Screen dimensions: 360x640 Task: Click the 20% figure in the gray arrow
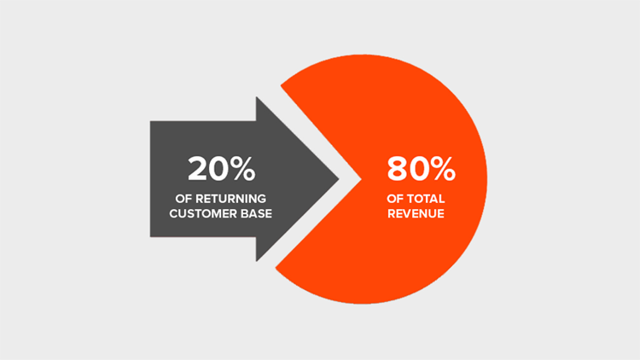[x=221, y=169]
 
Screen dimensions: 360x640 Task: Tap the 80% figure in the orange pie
[x=421, y=169]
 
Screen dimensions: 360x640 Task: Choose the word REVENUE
[x=415, y=212]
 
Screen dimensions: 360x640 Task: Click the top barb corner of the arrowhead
[x=256, y=97]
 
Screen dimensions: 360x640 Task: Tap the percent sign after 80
[x=442, y=169]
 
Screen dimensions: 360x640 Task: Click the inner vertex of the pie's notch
[x=363, y=178]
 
